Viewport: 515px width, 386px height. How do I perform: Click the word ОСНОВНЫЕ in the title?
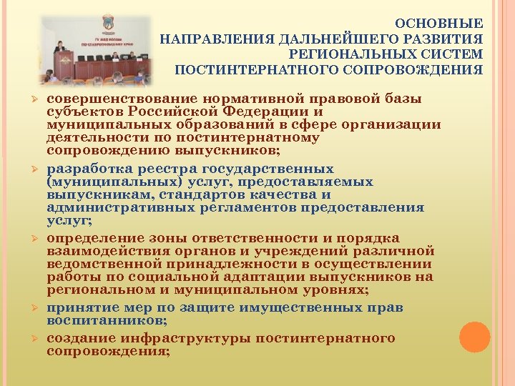point(449,23)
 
